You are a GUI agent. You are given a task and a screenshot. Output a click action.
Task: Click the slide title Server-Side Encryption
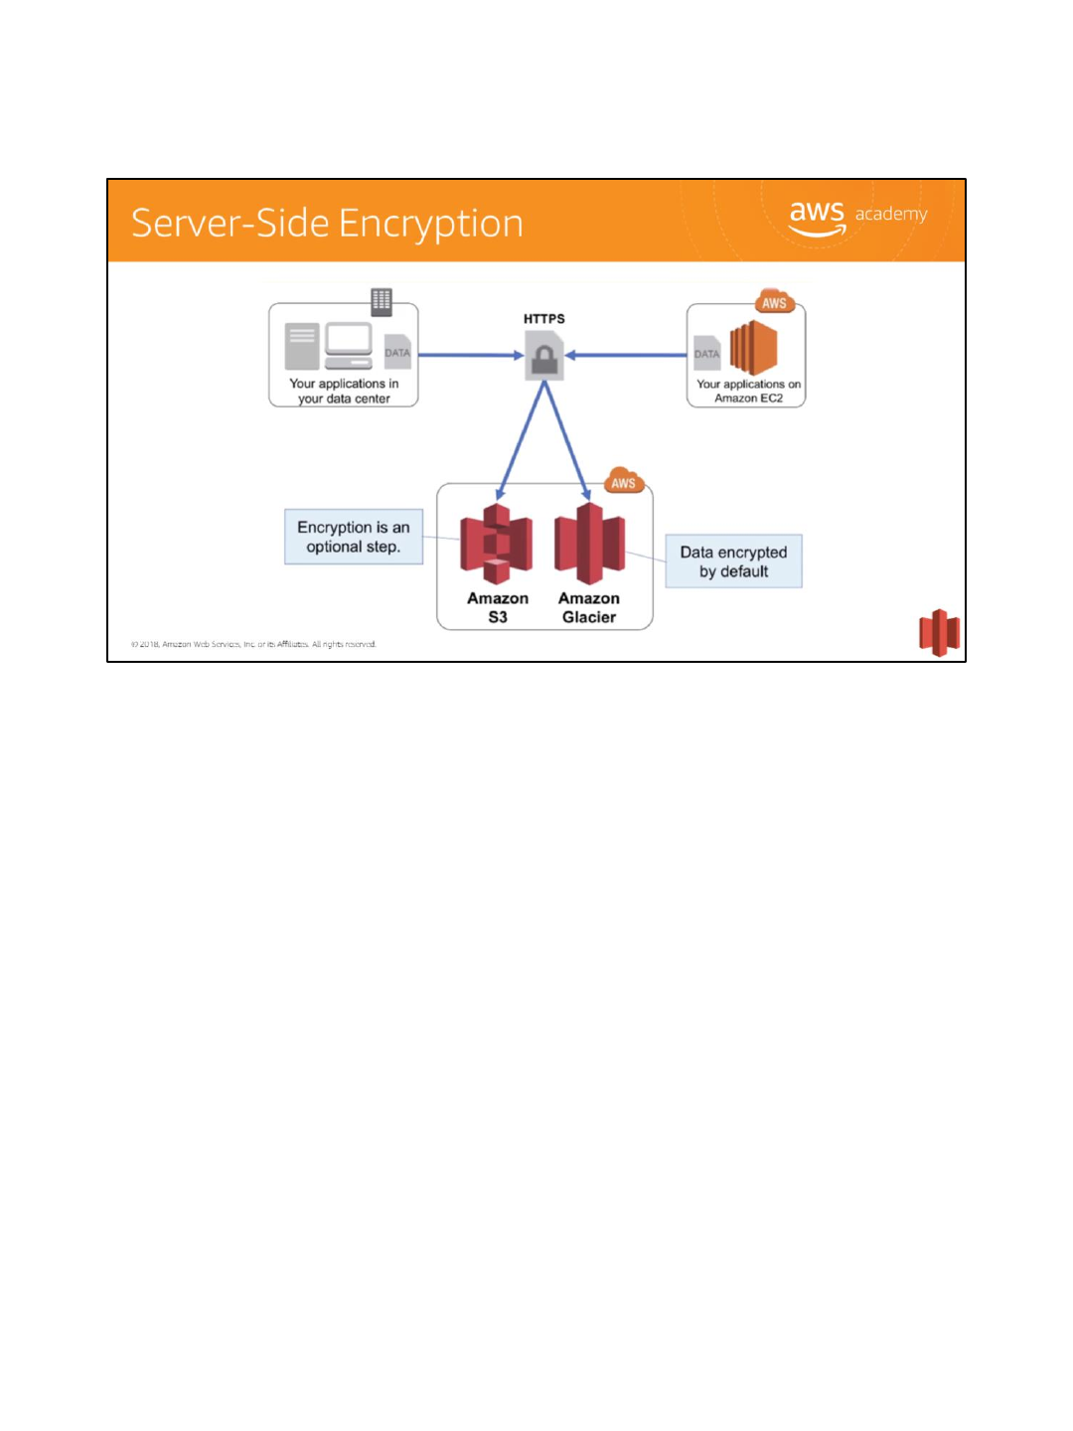pyautogui.click(x=327, y=224)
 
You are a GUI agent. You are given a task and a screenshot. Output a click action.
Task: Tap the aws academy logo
pyautogui.click(x=856, y=218)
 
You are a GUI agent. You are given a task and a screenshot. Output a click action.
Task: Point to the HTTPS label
pyautogui.click(x=544, y=319)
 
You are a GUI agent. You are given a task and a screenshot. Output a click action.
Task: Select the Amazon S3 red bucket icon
pyautogui.click(x=497, y=544)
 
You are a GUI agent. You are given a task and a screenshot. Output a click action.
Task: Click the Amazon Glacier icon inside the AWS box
pyautogui.click(x=589, y=543)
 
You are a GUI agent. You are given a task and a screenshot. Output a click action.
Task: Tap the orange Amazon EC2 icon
pyautogui.click(x=753, y=348)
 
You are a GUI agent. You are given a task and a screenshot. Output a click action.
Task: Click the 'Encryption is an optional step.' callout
pyautogui.click(x=354, y=538)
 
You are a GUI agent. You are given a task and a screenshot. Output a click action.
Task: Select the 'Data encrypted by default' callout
pyautogui.click(x=733, y=561)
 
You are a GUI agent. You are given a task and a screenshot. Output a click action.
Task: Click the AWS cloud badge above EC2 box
pyautogui.click(x=774, y=302)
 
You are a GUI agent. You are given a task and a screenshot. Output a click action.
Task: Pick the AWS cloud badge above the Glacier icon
pyautogui.click(x=623, y=483)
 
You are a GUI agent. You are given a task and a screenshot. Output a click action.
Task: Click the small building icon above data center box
pyautogui.click(x=382, y=300)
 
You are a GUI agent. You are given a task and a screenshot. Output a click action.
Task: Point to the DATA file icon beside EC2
pyautogui.click(x=706, y=353)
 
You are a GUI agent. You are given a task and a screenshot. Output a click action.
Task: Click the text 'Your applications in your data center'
pyautogui.click(x=344, y=391)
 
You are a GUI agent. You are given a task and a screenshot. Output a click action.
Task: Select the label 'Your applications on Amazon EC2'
pyautogui.click(x=748, y=391)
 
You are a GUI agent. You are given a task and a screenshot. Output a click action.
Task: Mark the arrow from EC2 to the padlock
pyautogui.click(x=626, y=355)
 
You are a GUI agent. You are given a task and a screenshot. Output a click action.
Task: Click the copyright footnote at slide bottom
pyautogui.click(x=253, y=644)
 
